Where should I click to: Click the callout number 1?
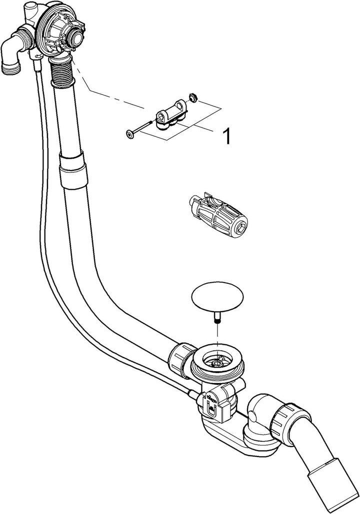226,135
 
